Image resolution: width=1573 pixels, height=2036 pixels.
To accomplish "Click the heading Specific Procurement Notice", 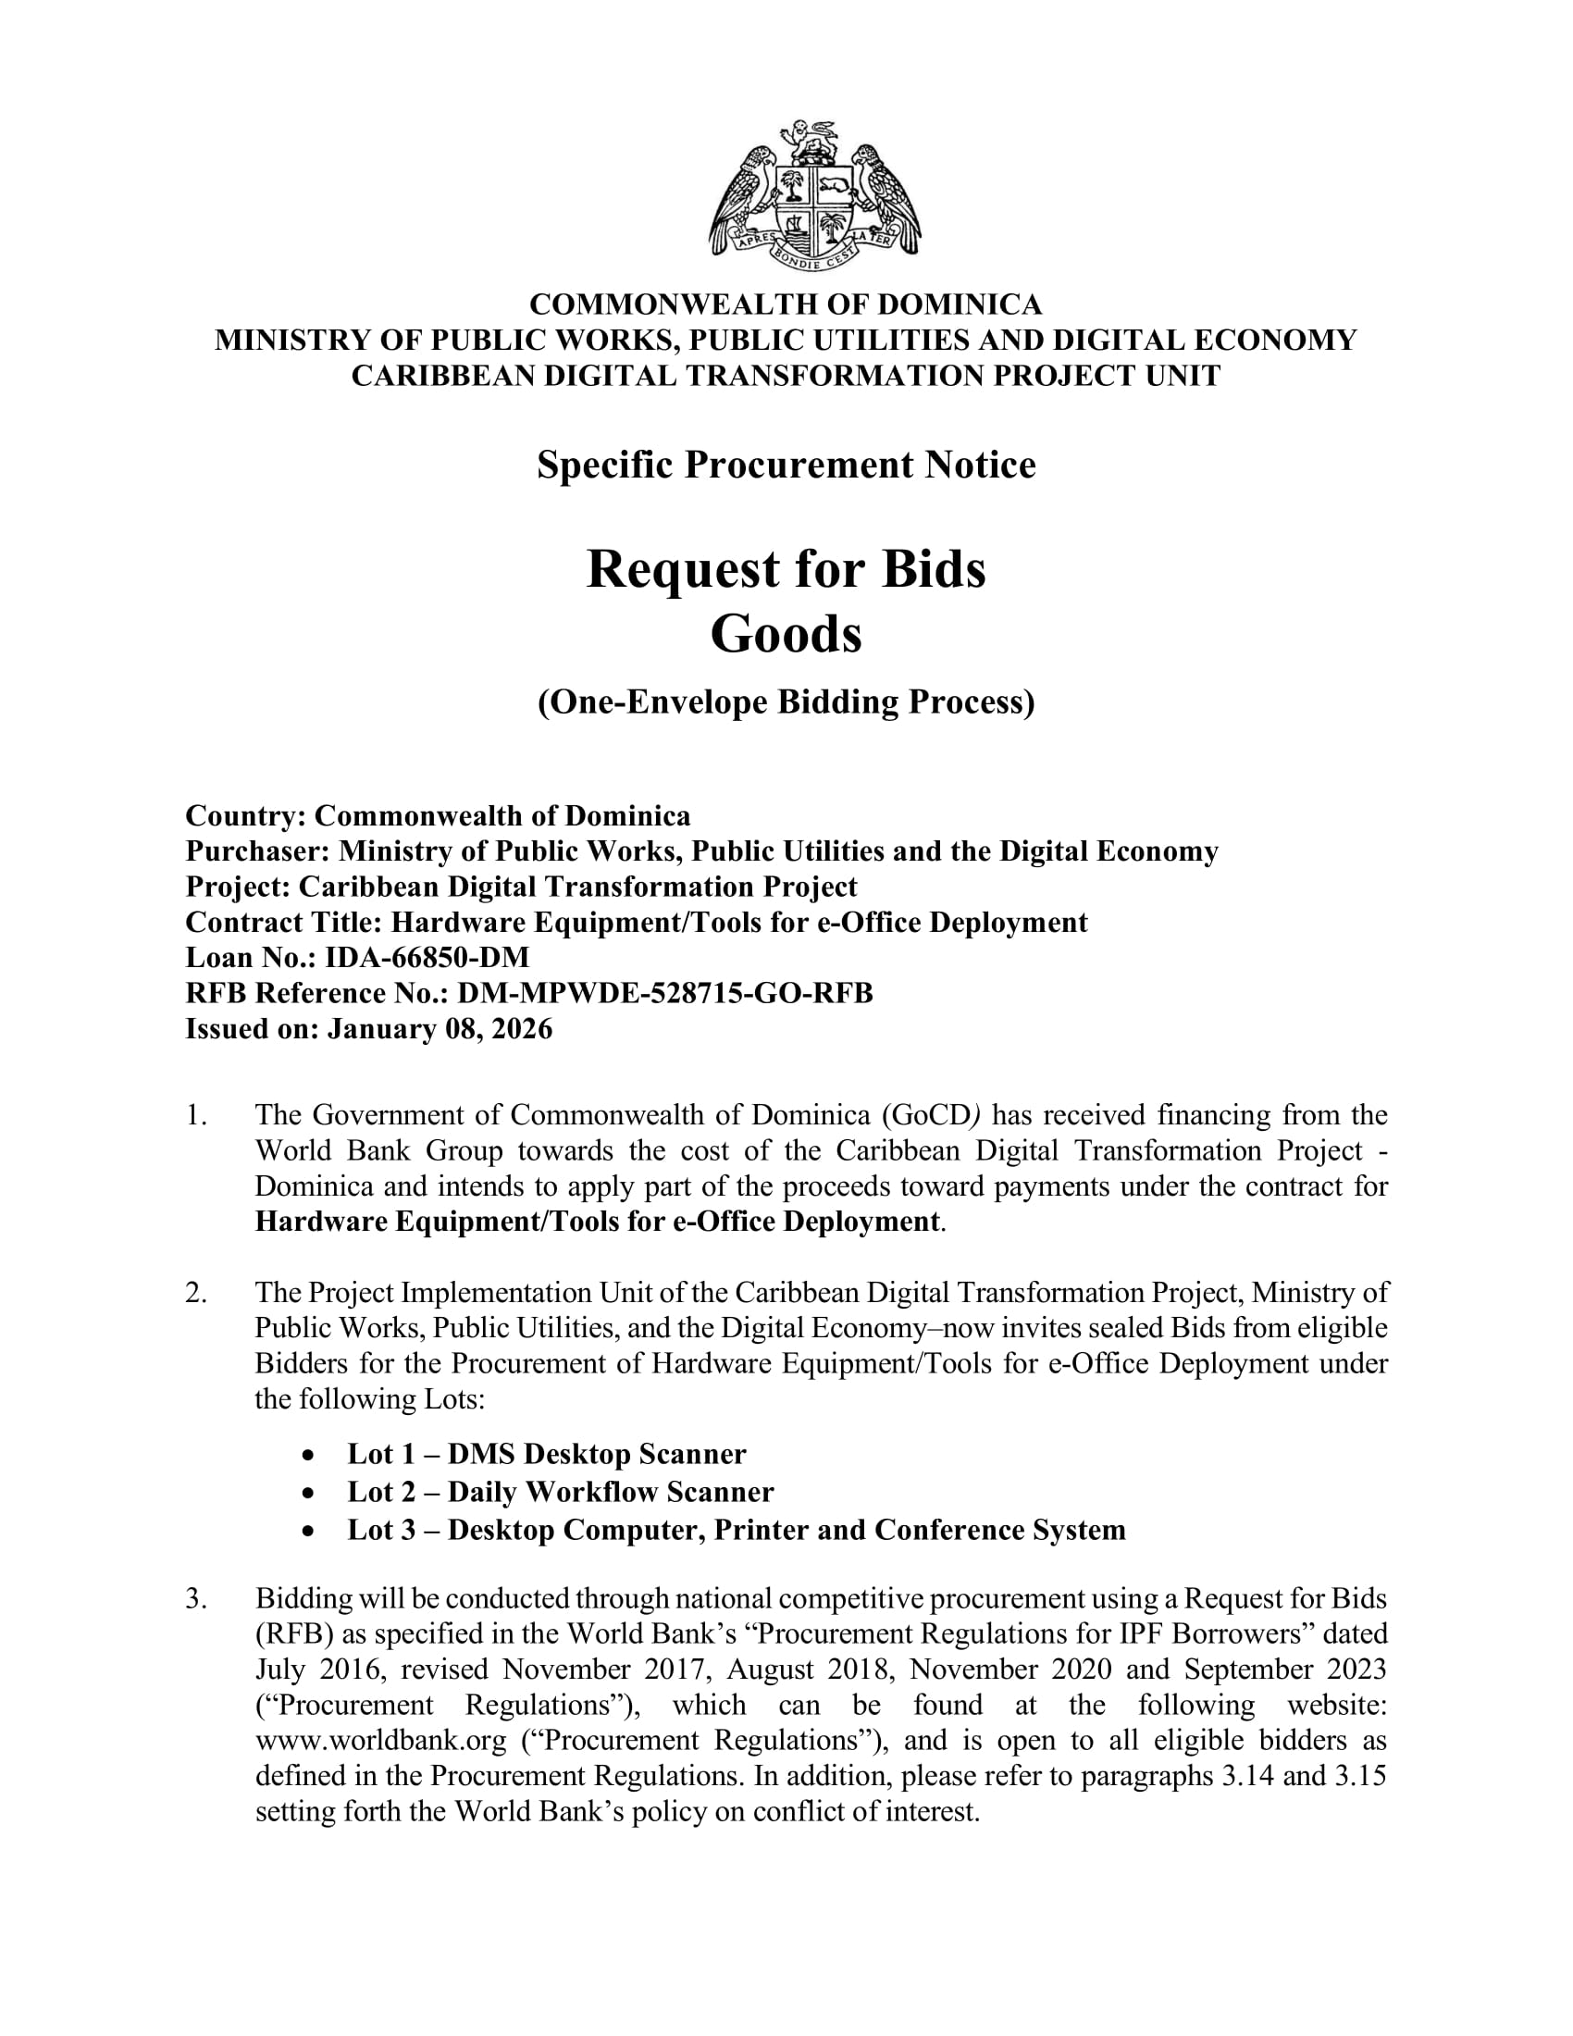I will coord(786,465).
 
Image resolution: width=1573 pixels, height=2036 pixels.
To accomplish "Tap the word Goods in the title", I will coord(786,635).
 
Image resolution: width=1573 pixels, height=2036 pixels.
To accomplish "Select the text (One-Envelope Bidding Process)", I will coord(786,702).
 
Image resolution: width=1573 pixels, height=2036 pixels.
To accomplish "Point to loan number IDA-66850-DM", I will coord(427,958).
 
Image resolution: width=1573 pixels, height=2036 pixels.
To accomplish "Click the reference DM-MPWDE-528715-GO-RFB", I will coord(664,993).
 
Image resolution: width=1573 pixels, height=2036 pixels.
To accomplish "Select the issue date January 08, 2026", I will coord(440,1028).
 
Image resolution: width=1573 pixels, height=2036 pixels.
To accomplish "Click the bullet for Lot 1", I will coord(308,1454).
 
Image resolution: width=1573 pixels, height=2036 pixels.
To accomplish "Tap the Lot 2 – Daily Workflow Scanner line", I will coord(560,1492).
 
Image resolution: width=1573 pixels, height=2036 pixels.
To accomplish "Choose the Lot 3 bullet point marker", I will coord(308,1531).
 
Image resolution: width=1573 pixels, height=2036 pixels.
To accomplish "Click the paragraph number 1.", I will coord(194,1115).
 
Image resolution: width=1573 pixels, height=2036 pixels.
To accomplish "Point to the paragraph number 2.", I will coord(194,1292).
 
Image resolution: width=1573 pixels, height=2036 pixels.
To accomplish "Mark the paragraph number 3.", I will coord(194,1598).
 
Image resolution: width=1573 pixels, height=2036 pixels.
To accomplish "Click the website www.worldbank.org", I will coord(380,1740).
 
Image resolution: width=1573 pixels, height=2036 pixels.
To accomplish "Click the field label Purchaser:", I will coord(257,851).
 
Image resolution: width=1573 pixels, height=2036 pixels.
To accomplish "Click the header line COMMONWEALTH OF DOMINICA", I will coord(786,304).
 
